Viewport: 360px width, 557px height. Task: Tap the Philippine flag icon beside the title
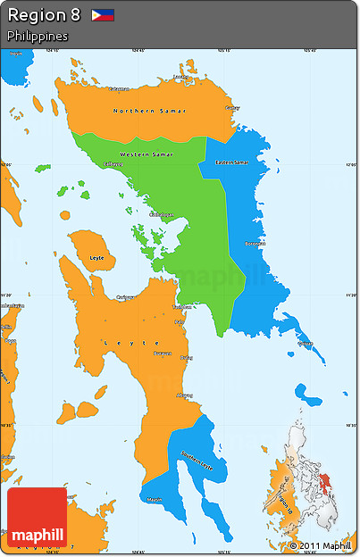(x=103, y=16)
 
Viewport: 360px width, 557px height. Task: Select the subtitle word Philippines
(x=38, y=37)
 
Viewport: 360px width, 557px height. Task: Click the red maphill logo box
(x=37, y=517)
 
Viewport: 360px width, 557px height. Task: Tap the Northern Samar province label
(x=138, y=110)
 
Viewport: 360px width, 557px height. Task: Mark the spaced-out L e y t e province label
(x=131, y=342)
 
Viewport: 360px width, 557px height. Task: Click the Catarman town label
(x=119, y=88)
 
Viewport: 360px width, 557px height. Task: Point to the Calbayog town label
(x=113, y=163)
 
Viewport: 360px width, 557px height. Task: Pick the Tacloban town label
(x=181, y=306)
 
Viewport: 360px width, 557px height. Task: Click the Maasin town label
(x=155, y=499)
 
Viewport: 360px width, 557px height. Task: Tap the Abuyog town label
(x=185, y=395)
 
